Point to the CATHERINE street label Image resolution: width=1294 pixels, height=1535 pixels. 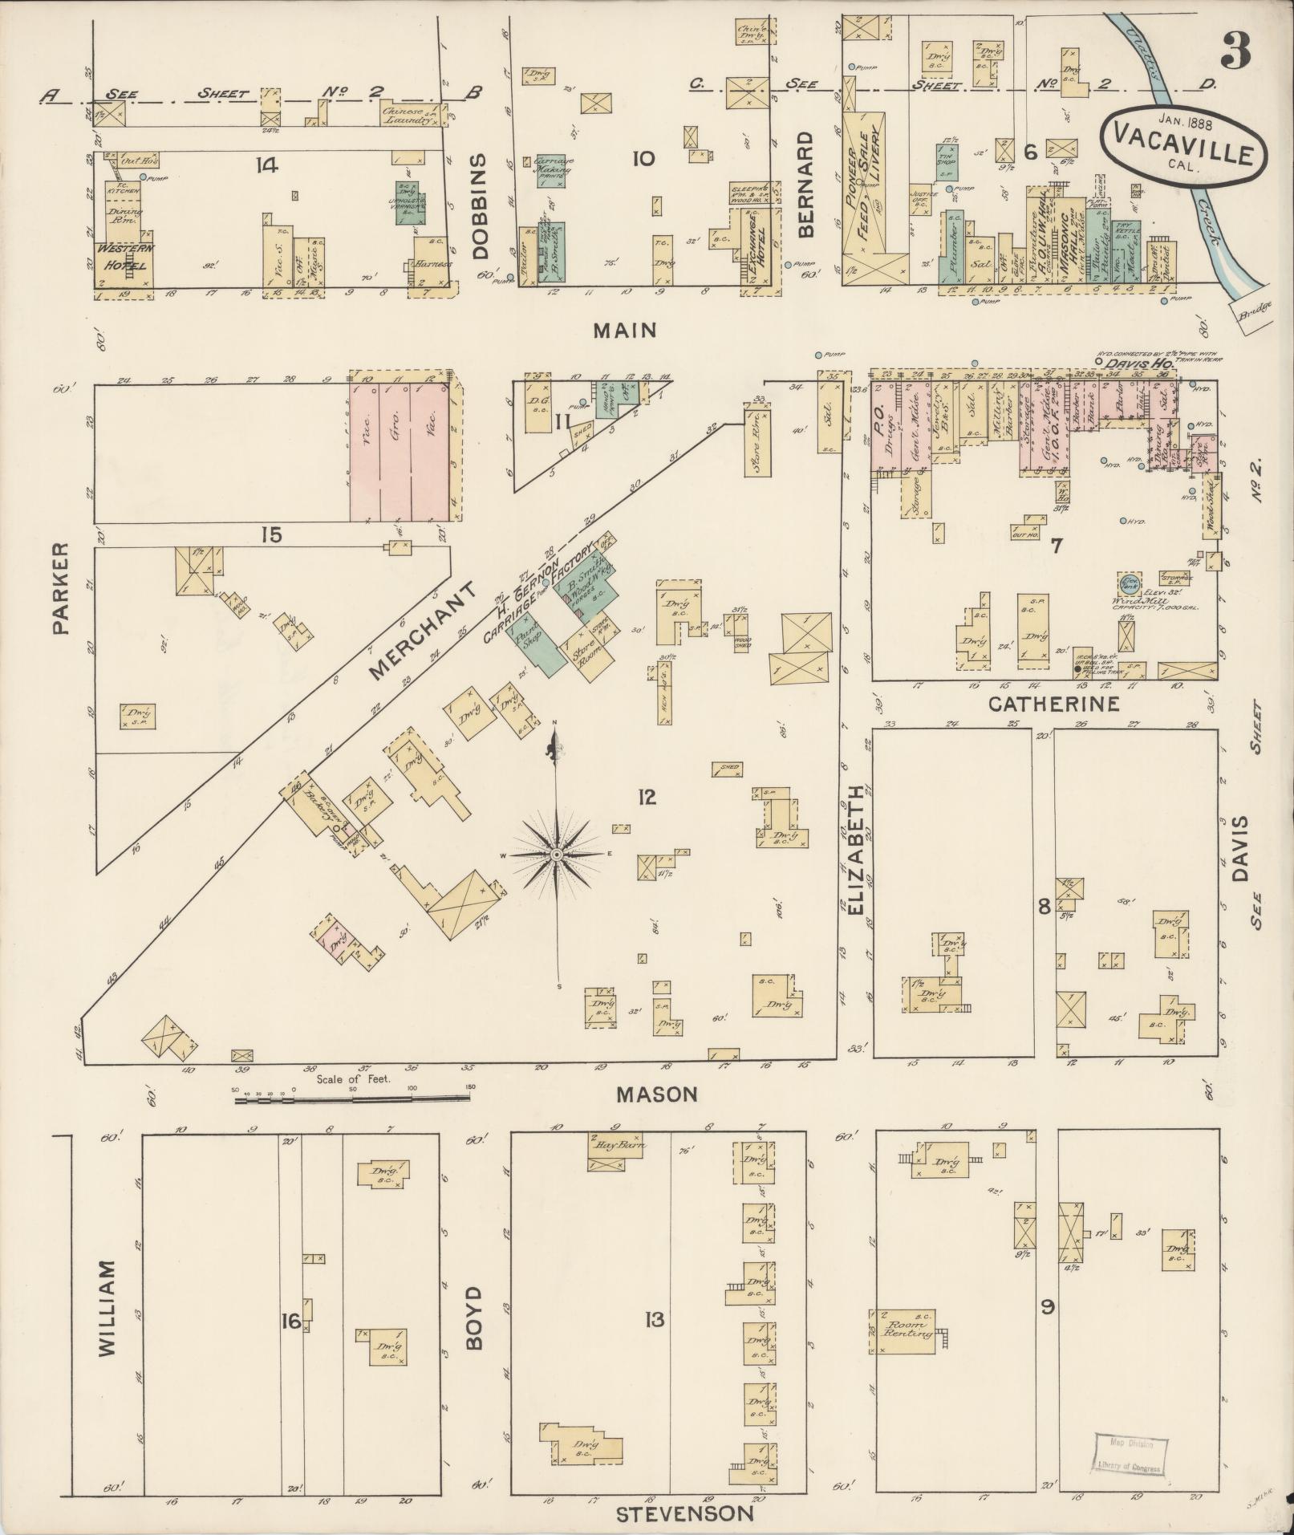pos(1053,705)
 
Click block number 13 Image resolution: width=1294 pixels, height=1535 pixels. pos(655,1319)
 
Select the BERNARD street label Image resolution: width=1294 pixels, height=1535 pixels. pos(805,185)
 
